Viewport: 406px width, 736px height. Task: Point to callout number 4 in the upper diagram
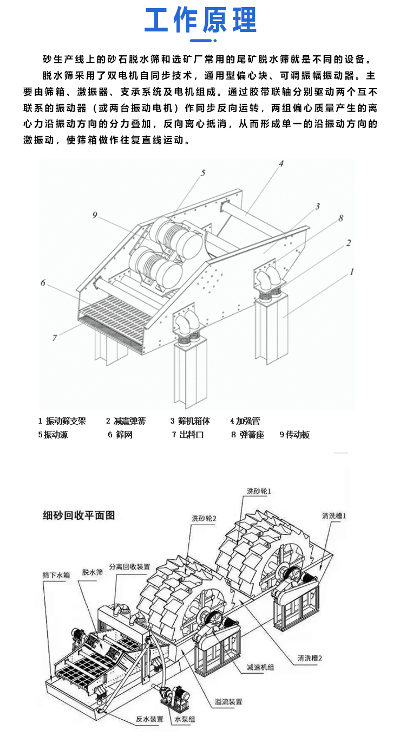point(281,163)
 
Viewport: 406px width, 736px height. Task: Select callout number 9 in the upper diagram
point(94,215)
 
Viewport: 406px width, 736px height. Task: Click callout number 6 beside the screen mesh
point(43,282)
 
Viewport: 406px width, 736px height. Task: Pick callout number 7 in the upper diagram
point(55,338)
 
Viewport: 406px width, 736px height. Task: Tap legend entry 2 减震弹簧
point(126,421)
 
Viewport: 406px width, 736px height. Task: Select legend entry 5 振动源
point(53,435)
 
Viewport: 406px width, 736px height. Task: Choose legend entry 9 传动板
point(294,435)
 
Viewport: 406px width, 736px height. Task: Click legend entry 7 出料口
point(188,435)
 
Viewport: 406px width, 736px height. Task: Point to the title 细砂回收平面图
point(79,515)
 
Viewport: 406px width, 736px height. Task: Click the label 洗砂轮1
point(259,490)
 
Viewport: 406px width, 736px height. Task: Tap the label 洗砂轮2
point(204,518)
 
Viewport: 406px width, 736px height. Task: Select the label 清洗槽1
point(333,515)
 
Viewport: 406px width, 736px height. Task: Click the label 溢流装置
point(227,701)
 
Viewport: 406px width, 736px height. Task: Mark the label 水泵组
point(185,719)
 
